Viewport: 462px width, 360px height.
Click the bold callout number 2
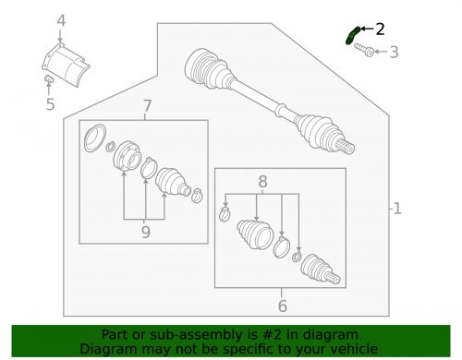tap(380, 30)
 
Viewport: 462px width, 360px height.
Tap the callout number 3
tap(394, 52)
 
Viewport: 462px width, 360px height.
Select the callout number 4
tap(61, 21)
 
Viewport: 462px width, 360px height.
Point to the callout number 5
tap(50, 104)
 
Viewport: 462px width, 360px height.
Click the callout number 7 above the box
tap(147, 106)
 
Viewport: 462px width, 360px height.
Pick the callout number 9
tap(146, 232)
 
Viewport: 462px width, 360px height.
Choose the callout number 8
tap(262, 182)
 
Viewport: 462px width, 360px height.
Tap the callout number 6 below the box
tap(282, 306)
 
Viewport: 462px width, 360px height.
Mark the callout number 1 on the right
tap(397, 209)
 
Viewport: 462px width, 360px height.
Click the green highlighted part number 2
tap(351, 35)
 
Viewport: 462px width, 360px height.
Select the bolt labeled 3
tap(364, 50)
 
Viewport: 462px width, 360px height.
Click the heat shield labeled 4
tap(66, 66)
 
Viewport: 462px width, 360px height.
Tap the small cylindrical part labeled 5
tap(49, 79)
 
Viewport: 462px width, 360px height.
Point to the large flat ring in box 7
tap(95, 138)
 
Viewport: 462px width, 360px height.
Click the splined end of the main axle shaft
tap(346, 147)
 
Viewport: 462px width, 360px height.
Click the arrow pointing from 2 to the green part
tap(367, 29)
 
